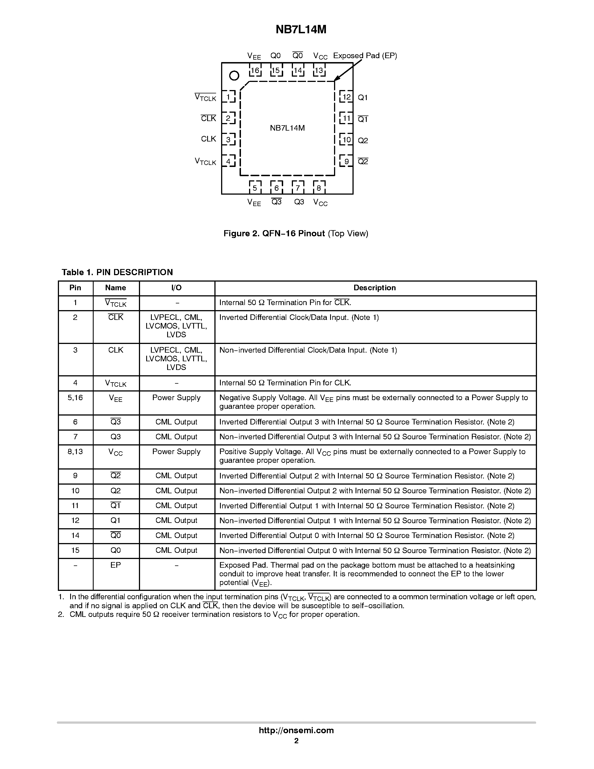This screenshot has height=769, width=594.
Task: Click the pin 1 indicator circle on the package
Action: click(234, 75)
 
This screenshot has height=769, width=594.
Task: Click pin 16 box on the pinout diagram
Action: click(255, 70)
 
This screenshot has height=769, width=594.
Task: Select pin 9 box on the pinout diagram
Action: click(346, 161)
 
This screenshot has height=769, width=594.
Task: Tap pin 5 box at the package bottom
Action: click(255, 188)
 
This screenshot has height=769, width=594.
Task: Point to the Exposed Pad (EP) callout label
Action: click(365, 56)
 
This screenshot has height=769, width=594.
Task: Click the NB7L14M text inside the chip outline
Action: click(287, 128)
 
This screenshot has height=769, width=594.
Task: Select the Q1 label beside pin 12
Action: click(363, 98)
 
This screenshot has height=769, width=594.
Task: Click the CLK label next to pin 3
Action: click(208, 139)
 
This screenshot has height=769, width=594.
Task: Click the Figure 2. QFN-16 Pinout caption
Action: click(295, 233)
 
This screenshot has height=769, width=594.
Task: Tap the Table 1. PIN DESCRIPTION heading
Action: click(117, 272)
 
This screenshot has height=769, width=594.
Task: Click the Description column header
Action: click(374, 288)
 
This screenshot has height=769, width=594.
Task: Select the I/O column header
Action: click(176, 288)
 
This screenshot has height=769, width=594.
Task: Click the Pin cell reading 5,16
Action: click(75, 398)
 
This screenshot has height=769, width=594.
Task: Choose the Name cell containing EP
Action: click(115, 565)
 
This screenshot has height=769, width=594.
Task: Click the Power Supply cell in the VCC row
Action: click(176, 451)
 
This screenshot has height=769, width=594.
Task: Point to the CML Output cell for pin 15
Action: click(176, 550)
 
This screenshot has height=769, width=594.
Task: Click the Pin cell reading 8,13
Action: click(75, 451)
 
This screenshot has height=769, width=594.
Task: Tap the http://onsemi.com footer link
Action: click(296, 730)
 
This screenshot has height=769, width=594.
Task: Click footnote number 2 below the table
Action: click(61, 614)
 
